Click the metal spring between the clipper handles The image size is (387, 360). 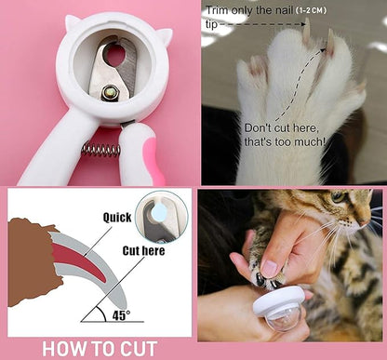pos(101,150)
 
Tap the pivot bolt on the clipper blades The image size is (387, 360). pos(110,92)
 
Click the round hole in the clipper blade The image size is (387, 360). pos(114,57)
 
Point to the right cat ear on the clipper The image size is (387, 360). pos(165,35)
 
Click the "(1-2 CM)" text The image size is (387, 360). pos(311,10)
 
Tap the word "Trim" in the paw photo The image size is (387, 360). pos(217,10)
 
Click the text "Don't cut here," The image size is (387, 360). pos(282,128)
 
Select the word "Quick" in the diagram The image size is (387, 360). pos(117,218)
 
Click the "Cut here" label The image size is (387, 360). pos(143,250)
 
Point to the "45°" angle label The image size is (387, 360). pos(121,315)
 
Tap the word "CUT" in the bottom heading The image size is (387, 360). pos(139,349)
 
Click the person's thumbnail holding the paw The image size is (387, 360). pos(269,269)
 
